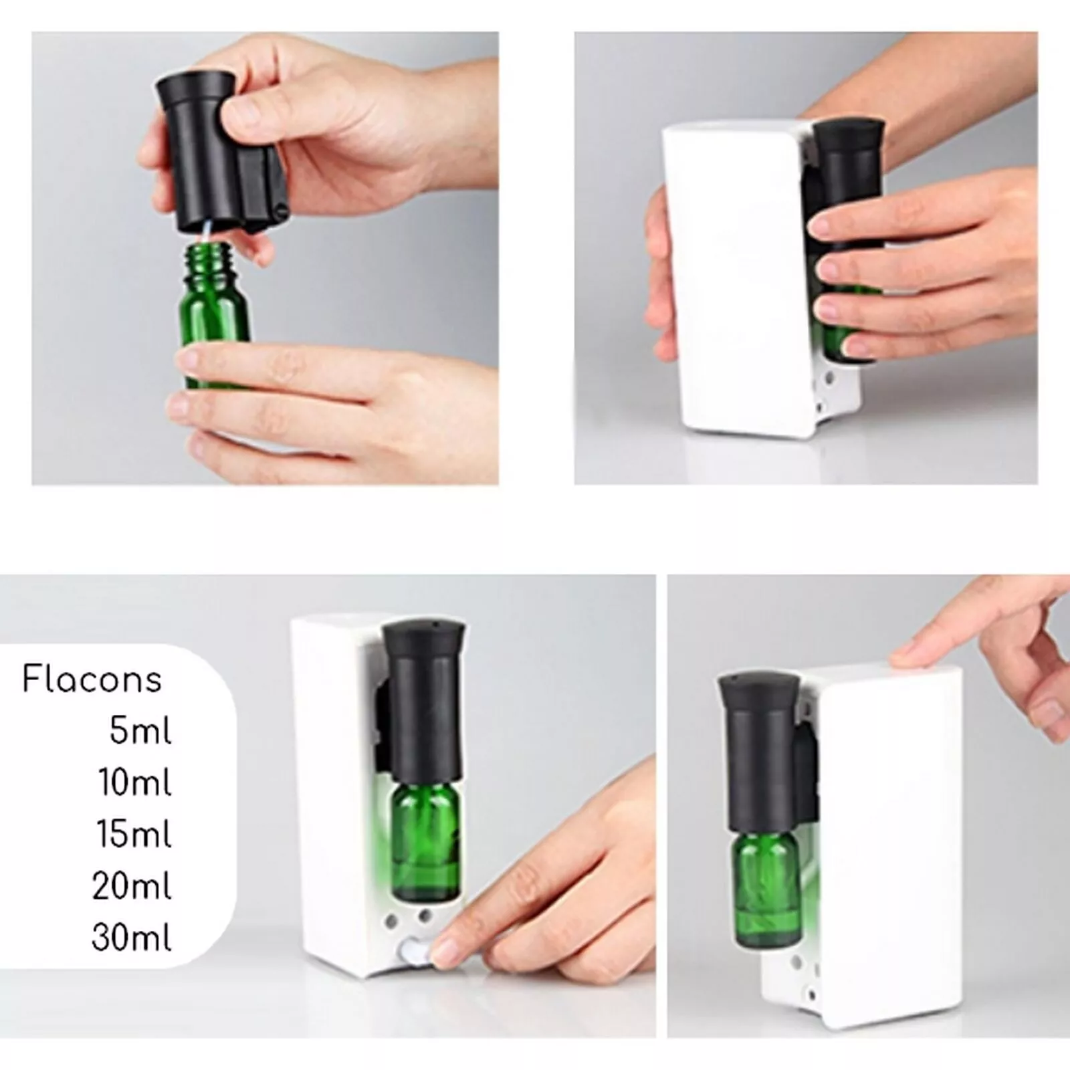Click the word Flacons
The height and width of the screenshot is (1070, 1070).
click(92, 680)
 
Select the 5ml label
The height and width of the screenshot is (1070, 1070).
click(140, 731)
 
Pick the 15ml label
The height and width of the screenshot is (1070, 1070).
click(135, 834)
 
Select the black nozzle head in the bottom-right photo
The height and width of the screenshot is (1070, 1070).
click(760, 752)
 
